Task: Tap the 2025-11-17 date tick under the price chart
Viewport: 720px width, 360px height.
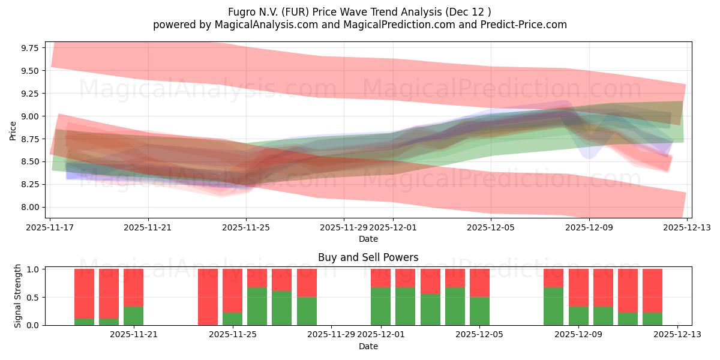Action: click(x=50, y=227)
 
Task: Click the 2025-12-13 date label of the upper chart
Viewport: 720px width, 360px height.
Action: click(x=687, y=227)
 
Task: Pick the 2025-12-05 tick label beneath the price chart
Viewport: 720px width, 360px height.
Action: click(x=491, y=227)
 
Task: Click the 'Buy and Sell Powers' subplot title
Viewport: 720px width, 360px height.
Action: click(x=368, y=257)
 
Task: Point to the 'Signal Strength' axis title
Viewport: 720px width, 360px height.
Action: click(x=18, y=296)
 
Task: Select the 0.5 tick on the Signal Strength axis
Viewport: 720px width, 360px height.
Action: click(x=33, y=297)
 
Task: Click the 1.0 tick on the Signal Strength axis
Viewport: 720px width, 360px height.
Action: click(x=33, y=269)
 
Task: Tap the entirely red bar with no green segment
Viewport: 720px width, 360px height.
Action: click(x=208, y=297)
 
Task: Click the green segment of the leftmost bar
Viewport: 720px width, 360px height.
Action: click(x=84, y=322)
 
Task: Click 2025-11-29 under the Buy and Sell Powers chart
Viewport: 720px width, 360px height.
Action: click(x=332, y=334)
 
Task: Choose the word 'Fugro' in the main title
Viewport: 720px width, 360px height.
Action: click(x=241, y=11)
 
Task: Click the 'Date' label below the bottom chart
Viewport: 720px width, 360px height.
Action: click(x=368, y=346)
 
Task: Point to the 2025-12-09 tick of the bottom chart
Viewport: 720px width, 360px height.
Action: click(x=578, y=334)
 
